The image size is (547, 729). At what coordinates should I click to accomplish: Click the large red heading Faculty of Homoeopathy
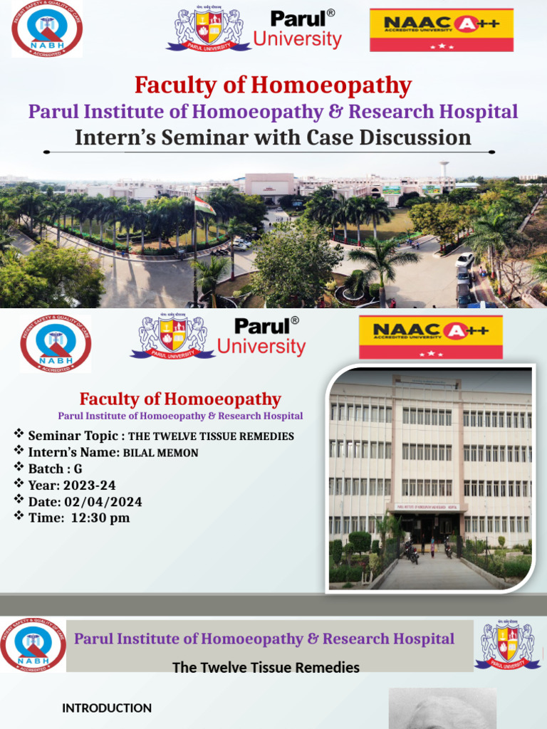tap(273, 86)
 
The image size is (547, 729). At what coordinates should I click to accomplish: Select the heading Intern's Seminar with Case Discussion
tap(273, 137)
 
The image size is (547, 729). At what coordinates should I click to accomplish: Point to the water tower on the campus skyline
tap(444, 169)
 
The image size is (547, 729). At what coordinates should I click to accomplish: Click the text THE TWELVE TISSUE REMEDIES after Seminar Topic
tap(211, 436)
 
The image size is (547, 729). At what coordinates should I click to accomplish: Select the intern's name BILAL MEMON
tap(161, 453)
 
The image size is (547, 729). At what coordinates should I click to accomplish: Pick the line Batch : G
tap(55, 469)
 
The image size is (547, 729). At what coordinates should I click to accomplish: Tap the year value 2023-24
tap(89, 486)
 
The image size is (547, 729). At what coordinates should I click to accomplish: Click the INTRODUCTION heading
tap(107, 708)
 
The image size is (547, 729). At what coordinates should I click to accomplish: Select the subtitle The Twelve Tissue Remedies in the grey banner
tap(266, 668)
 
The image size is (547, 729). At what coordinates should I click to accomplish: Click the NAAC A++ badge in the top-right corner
tap(441, 30)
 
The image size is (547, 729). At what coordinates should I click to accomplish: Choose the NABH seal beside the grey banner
tap(33, 645)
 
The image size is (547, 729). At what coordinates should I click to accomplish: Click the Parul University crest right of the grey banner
tap(507, 645)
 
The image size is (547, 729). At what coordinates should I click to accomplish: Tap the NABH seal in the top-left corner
tap(46, 29)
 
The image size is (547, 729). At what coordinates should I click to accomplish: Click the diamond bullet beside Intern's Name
tap(19, 451)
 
